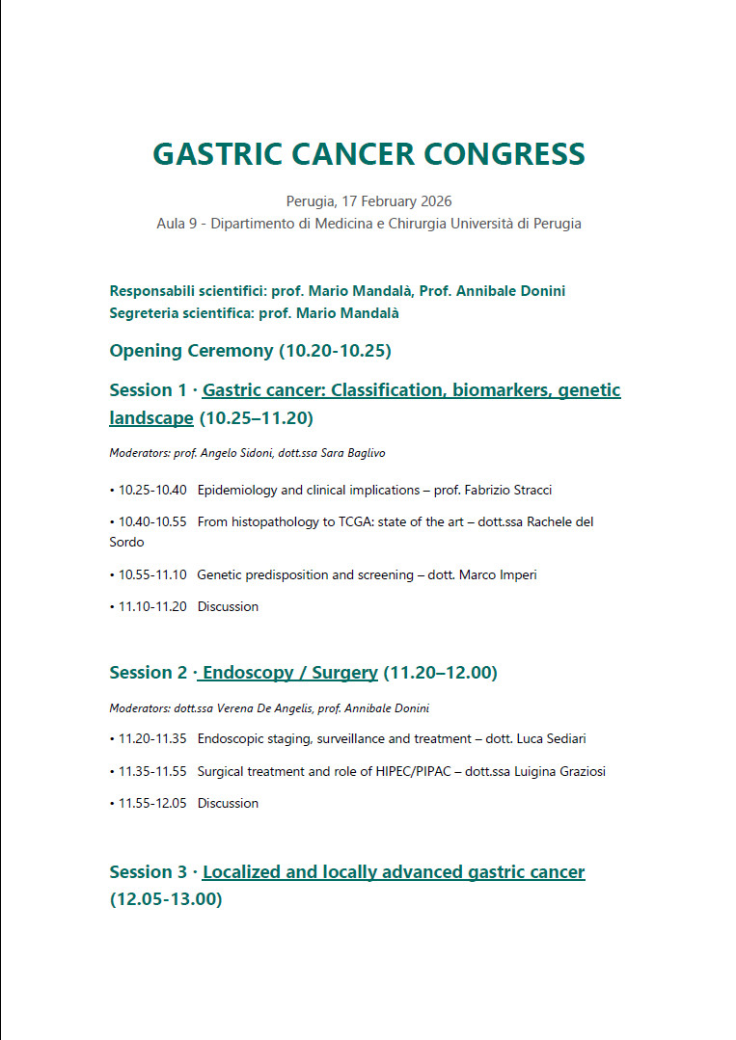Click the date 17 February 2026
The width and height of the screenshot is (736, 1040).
[x=397, y=201]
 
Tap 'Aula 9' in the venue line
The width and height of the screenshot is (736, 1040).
[x=177, y=224]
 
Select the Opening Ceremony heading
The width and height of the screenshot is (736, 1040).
[x=250, y=350]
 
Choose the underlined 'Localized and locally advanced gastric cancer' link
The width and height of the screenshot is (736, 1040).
[x=394, y=871]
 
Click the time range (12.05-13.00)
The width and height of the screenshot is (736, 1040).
[x=166, y=899]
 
